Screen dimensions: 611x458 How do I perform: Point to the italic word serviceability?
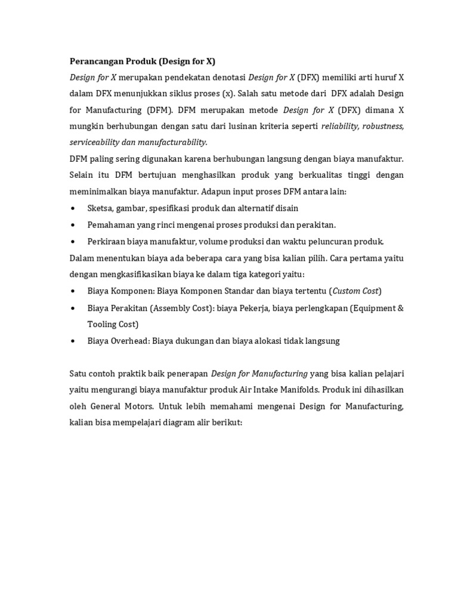pos(97,143)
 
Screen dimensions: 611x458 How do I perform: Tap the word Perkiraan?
pos(106,242)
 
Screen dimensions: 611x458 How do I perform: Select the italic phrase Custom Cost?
pos(355,291)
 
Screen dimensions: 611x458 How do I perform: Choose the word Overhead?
pos(129,341)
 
